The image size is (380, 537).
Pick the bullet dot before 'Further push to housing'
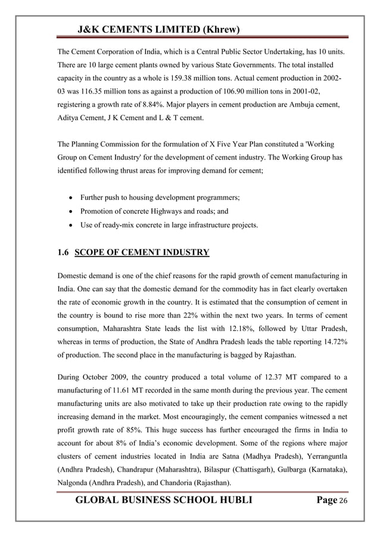71,197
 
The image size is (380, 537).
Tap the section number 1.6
64,252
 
